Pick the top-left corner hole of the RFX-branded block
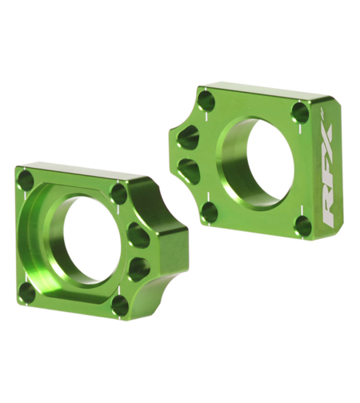click(206, 100)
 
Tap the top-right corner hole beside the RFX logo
click(300, 112)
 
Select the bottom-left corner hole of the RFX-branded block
click(209, 212)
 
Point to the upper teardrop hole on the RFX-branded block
click(187, 137)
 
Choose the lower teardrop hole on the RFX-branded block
click(189, 169)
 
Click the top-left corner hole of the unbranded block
click(26, 180)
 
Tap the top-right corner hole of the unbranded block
click(119, 194)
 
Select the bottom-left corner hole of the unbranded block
click(27, 293)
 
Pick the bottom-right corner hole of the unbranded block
click(121, 305)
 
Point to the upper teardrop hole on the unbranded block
click(138, 235)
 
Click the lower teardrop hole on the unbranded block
click(139, 268)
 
